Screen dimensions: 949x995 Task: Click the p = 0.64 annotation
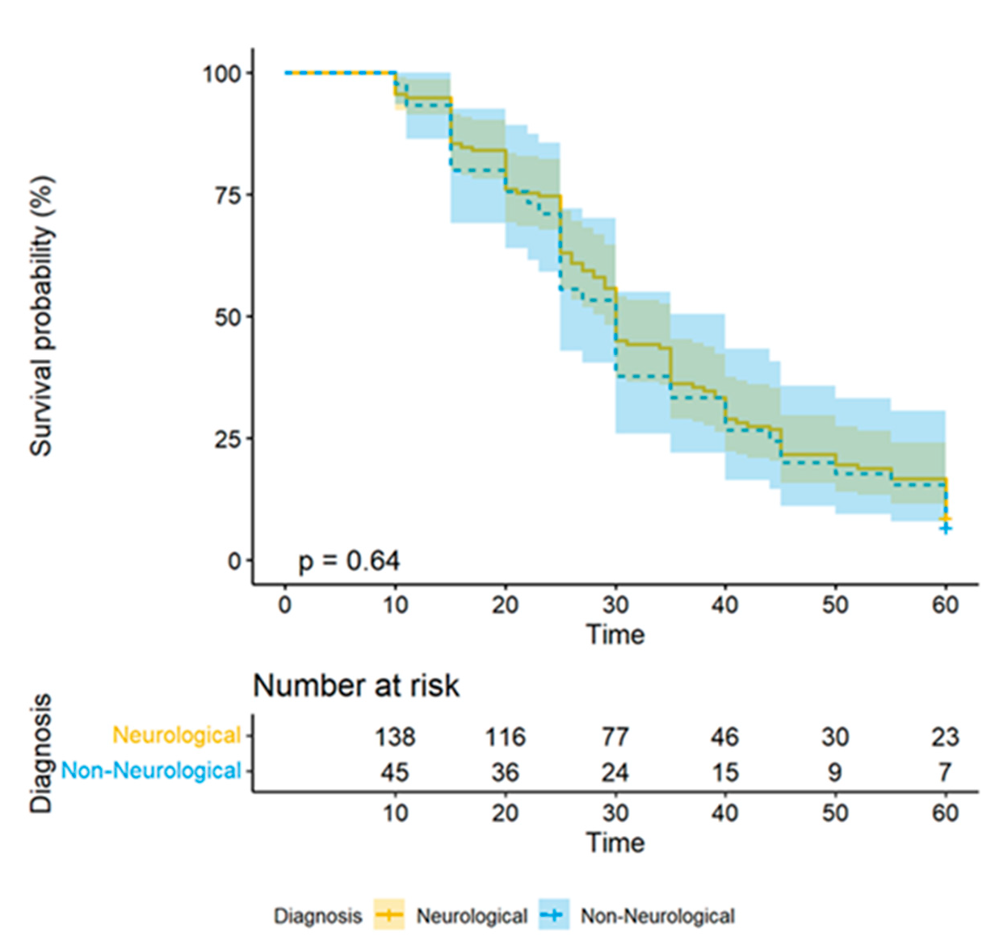(x=349, y=561)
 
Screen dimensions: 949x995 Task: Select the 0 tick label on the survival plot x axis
(x=285, y=604)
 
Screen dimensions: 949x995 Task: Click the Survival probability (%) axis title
(x=42, y=316)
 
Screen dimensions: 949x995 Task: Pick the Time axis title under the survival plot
(x=615, y=634)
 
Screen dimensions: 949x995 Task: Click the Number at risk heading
(x=356, y=686)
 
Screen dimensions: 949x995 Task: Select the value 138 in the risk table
(x=395, y=737)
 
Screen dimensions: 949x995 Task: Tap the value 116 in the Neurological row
(x=505, y=737)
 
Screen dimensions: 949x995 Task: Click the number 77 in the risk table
(x=615, y=737)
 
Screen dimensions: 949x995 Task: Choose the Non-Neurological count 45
(x=395, y=772)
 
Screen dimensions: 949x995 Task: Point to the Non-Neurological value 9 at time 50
(x=835, y=772)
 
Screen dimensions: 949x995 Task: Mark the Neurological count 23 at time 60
(x=945, y=737)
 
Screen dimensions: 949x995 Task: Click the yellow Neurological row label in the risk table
(x=177, y=736)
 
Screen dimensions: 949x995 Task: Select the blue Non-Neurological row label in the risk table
(x=151, y=771)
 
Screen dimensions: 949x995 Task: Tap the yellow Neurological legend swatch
(x=389, y=915)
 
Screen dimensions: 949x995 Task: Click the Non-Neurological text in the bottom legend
(x=657, y=916)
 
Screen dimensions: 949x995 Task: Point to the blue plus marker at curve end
(x=946, y=529)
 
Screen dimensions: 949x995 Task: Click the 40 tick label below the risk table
(x=725, y=812)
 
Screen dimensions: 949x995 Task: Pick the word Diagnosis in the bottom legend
(x=317, y=916)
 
